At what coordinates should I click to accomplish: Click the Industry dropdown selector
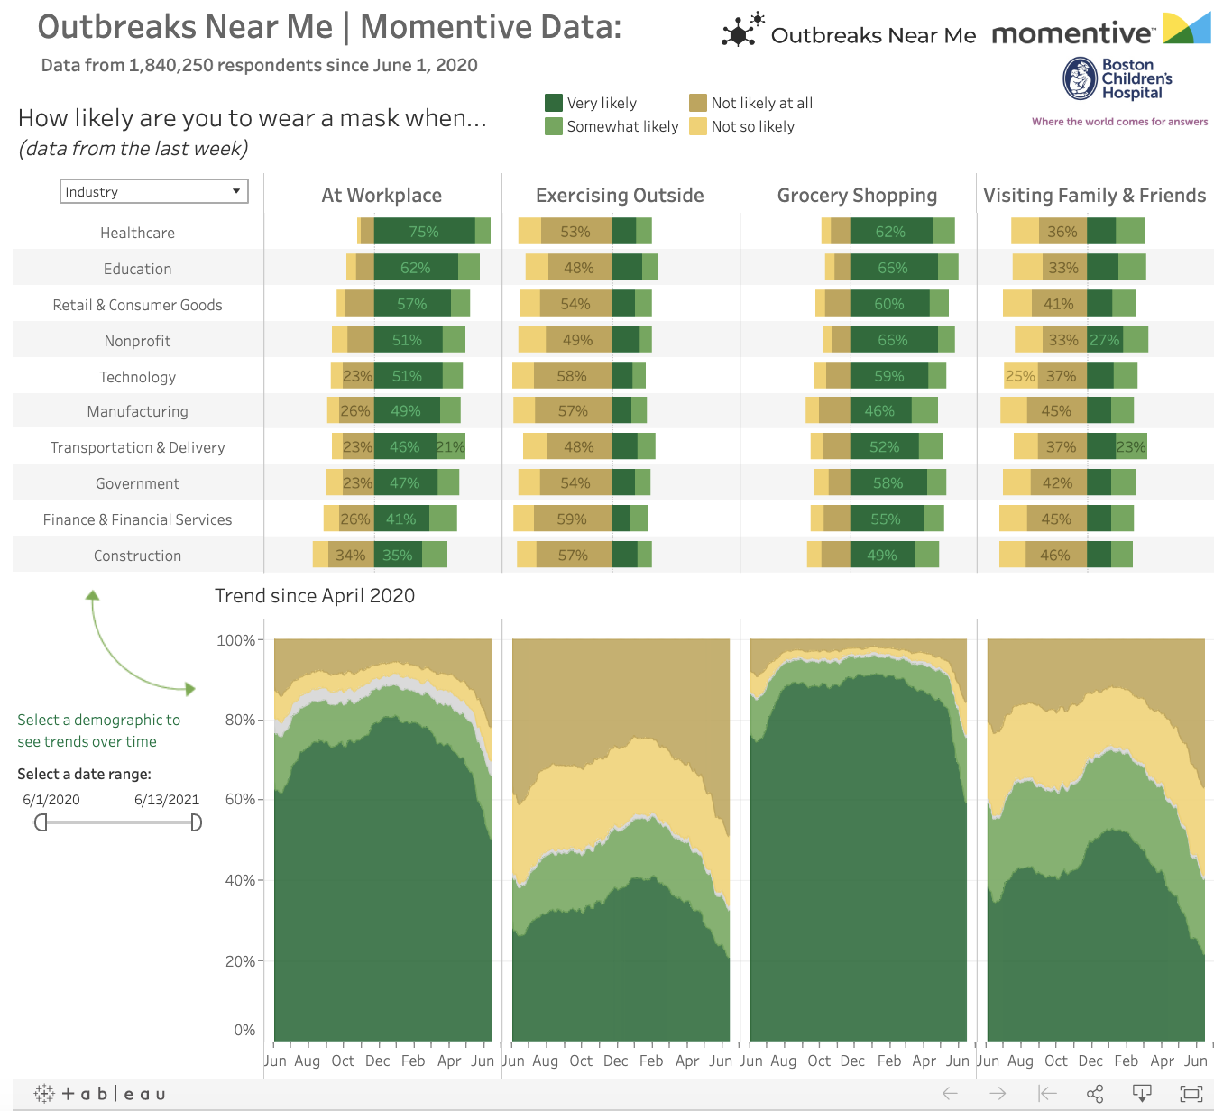tap(154, 191)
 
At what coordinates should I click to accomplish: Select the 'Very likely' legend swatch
tap(554, 103)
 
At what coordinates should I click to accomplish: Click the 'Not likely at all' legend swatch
tap(698, 103)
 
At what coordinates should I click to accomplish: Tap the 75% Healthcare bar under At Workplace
tap(424, 232)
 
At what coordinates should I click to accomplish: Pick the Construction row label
tap(137, 555)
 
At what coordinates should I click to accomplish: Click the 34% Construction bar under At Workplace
tap(351, 555)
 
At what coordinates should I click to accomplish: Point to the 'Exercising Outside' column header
tap(620, 196)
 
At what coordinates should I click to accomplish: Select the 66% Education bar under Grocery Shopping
tap(893, 268)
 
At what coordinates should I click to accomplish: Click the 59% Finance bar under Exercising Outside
tap(572, 519)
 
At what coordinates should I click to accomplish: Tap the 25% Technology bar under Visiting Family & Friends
tap(1020, 376)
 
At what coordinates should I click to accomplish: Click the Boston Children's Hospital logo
tap(1117, 79)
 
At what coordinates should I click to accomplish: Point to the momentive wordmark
tap(1072, 34)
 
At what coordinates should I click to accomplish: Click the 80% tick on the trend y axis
tap(240, 720)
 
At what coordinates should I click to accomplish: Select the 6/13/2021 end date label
tap(167, 800)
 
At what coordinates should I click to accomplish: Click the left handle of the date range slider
tap(41, 822)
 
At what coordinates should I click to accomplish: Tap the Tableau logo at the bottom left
tap(100, 1094)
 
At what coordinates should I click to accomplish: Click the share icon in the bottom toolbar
tap(1095, 1094)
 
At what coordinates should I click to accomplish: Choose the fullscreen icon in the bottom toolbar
tap(1191, 1094)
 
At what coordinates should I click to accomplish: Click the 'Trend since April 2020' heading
tap(315, 596)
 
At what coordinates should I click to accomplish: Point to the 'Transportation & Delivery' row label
tap(137, 447)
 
